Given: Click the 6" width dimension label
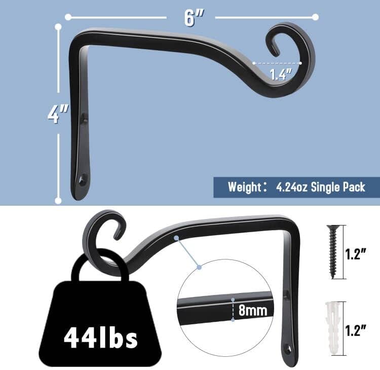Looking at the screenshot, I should [191, 18].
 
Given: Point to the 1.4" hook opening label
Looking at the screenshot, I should [281, 75].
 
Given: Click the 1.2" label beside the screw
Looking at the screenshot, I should [356, 254].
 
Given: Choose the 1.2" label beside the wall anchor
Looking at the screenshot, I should [356, 331].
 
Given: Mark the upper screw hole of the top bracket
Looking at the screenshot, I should [84, 120].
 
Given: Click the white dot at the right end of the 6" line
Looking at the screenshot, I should [316, 17].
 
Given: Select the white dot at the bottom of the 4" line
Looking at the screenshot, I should [58, 201].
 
